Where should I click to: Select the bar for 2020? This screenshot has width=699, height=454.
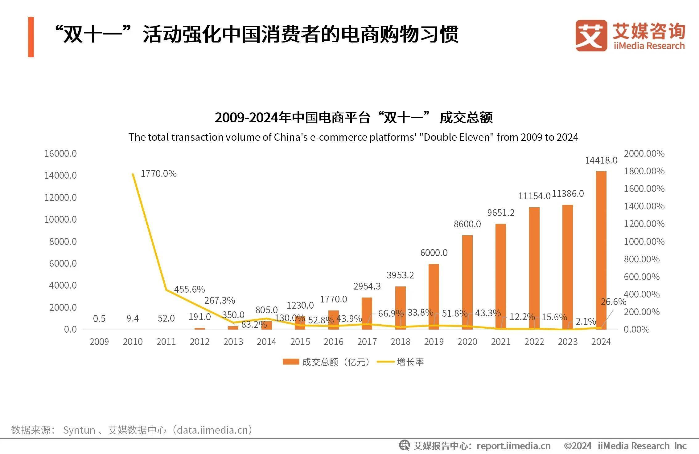click(467, 282)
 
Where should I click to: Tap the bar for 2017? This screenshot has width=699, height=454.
click(367, 313)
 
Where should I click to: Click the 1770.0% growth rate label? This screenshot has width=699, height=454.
click(158, 174)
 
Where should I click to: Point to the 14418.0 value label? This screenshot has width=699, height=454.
click(601, 160)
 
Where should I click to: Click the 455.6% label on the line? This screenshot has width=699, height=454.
click(189, 289)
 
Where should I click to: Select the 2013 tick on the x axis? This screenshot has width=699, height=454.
click(233, 342)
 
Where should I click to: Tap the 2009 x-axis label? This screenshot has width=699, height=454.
click(99, 342)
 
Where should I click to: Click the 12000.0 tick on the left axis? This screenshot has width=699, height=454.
click(60, 197)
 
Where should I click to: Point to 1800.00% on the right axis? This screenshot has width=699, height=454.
click(644, 171)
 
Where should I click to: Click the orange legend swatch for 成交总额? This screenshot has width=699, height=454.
click(290, 362)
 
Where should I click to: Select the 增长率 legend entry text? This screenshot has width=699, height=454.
click(410, 362)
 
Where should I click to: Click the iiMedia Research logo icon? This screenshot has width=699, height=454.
click(591, 36)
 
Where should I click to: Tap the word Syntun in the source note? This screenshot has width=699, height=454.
click(79, 430)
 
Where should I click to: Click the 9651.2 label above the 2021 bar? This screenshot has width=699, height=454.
click(501, 213)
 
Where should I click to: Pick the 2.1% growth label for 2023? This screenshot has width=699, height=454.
click(586, 322)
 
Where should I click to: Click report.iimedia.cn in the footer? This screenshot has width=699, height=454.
click(513, 446)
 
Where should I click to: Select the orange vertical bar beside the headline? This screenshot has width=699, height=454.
click(31, 37)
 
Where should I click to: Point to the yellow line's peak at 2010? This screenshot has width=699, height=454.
click(133, 174)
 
